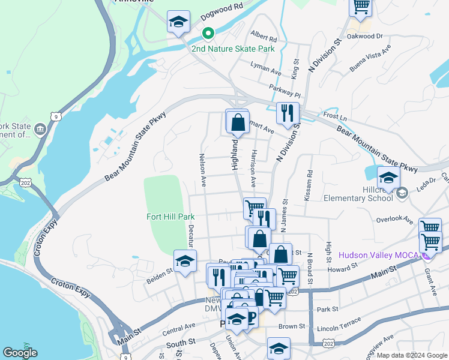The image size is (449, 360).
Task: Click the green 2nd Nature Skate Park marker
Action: (208, 34)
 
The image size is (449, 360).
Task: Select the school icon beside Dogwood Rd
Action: (178, 23)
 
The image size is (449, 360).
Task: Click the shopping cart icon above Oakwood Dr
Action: (361, 6)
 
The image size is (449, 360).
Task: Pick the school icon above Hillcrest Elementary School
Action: (388, 178)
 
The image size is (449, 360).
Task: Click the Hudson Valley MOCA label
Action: (379, 254)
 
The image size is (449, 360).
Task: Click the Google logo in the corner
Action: (20, 353)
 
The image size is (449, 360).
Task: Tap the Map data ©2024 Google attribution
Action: (412, 355)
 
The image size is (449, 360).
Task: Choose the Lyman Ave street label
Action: (266, 68)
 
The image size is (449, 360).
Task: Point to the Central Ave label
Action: (179, 328)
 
